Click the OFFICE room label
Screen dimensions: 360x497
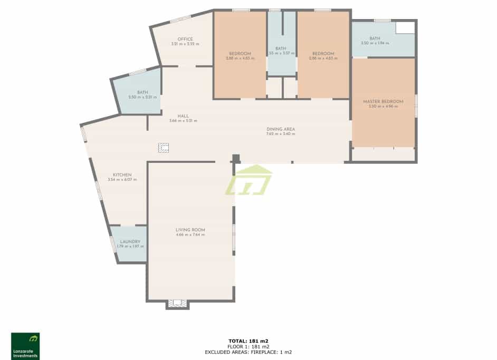pos(185,39)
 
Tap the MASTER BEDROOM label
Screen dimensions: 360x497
pos(383,102)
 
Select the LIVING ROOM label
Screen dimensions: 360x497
pos(190,230)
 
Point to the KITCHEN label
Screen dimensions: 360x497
pos(122,175)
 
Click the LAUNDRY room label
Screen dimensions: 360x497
pos(130,241)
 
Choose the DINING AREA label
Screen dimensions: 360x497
pos(281,129)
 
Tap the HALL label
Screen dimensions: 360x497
pos(183,116)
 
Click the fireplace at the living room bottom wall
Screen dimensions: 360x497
pos(177,304)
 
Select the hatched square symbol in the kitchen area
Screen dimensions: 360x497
pos(164,148)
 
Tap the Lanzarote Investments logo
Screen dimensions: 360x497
pos(25,346)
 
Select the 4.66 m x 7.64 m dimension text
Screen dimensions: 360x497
pos(190,235)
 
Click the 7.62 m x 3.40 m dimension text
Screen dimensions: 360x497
pos(281,134)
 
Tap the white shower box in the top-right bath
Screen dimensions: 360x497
pos(405,27)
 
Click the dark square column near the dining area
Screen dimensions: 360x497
pos(236,158)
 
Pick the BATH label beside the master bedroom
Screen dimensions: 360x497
pos(375,38)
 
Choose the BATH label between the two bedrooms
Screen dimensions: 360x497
pos(281,48)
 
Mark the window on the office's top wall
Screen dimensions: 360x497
pos(180,20)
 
